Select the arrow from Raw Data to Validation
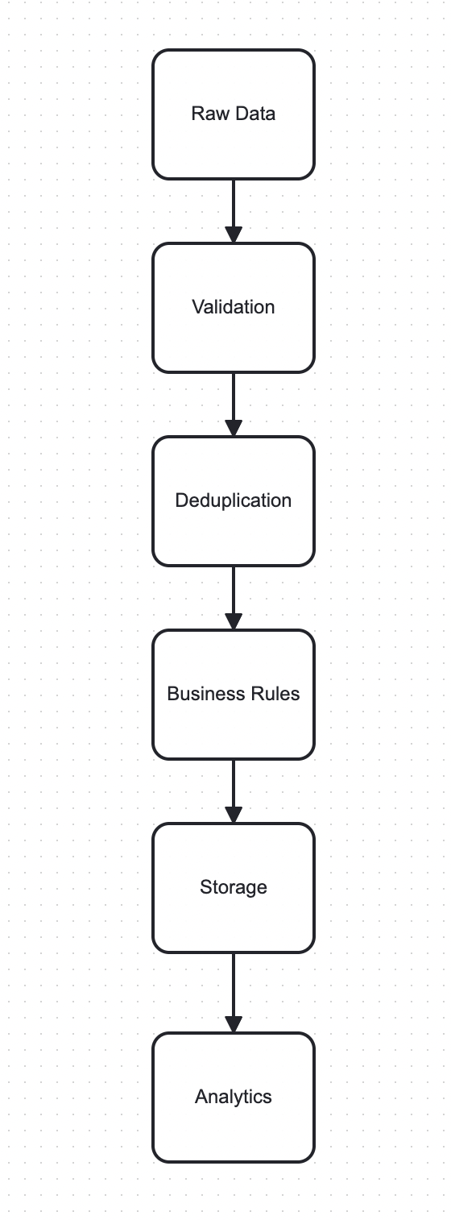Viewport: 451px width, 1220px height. click(234, 205)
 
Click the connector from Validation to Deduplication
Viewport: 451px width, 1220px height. click(234, 399)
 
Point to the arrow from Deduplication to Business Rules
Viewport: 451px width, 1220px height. click(234, 592)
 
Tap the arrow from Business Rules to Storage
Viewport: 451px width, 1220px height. click(234, 786)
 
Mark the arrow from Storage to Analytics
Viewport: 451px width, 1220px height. click(234, 987)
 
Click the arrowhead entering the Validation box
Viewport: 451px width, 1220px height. click(234, 235)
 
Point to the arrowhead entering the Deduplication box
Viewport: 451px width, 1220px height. click(234, 429)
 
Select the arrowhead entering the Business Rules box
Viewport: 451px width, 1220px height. click(234, 622)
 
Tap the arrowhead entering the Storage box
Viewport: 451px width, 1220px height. click(234, 815)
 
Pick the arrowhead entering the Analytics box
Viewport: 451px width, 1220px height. click(234, 1025)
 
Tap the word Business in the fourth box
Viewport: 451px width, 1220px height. click(200, 694)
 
